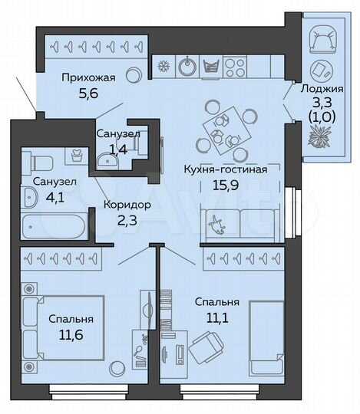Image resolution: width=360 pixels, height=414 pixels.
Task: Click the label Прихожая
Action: pyautogui.click(x=88, y=77)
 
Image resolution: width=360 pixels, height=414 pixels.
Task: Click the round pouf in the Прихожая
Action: pyautogui.click(x=133, y=75)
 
